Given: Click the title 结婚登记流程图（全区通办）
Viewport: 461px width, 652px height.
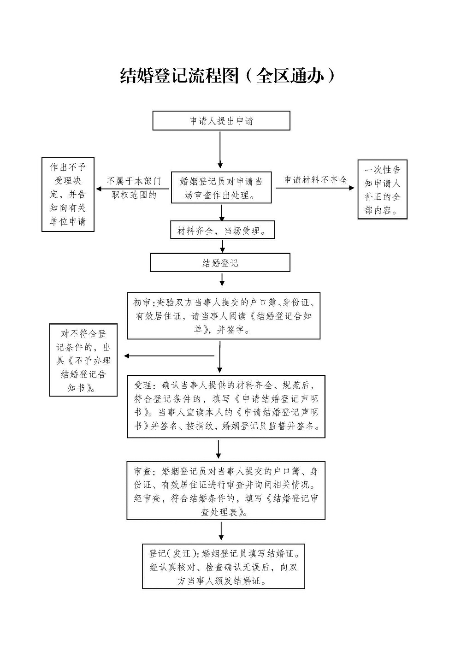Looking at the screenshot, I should point(227,76).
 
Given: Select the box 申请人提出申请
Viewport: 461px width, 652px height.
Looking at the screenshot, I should point(221,121).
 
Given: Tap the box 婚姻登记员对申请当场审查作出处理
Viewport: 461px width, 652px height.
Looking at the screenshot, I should point(221,188).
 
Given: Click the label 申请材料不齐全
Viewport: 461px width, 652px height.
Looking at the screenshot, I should point(315,180).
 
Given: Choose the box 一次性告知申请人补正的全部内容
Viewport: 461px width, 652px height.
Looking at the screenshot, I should point(382,190).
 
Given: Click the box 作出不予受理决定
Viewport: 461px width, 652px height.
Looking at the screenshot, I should point(68,194).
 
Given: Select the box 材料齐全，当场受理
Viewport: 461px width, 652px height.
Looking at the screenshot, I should point(222,231).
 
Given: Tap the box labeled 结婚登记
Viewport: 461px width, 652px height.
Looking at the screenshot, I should point(220,263).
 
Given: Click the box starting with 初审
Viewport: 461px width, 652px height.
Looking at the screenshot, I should point(224,316).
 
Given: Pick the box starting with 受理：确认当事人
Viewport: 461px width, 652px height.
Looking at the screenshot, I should point(226,406).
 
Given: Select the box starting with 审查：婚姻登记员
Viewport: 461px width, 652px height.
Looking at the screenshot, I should point(226,491).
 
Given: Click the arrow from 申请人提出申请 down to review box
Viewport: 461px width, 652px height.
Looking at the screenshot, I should point(220,150).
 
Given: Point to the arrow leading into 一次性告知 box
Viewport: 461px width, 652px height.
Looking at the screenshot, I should point(315,188).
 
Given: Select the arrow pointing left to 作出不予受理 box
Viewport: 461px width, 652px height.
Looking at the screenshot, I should point(134,189).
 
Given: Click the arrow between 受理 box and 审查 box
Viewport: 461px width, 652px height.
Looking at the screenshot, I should point(219,449).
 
